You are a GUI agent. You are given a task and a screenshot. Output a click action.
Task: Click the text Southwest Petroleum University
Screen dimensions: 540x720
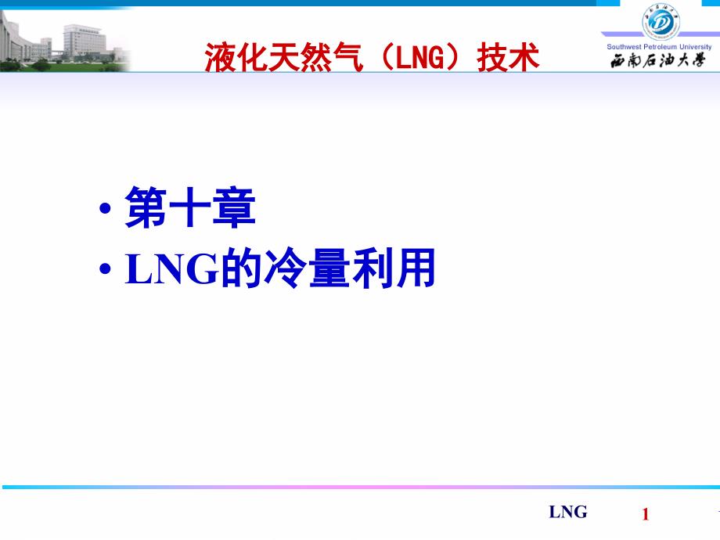tap(659, 47)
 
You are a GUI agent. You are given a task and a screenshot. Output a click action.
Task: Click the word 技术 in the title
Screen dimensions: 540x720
tap(509, 57)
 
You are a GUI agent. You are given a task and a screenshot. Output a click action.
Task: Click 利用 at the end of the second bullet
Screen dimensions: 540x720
tap(392, 270)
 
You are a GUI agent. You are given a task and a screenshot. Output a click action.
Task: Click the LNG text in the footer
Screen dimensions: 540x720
tap(567, 513)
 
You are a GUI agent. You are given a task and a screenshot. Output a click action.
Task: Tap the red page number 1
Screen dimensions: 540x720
tap(646, 514)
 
